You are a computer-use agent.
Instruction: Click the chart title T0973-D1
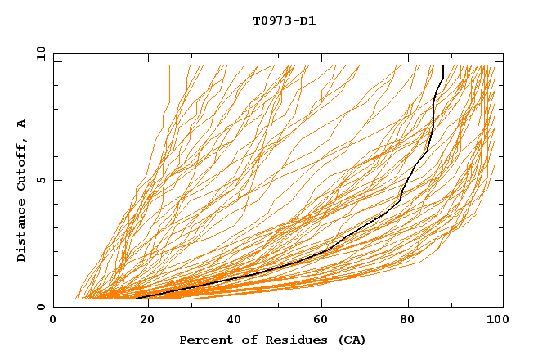point(284,21)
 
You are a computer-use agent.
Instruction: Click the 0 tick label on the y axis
point(41,308)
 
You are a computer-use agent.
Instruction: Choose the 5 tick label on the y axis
point(41,180)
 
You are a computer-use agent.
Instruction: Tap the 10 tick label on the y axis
point(38,52)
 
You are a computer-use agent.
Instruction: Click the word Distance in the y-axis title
point(21,233)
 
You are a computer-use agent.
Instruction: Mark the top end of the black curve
point(442,66)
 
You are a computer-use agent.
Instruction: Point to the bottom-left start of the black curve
point(137,298)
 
